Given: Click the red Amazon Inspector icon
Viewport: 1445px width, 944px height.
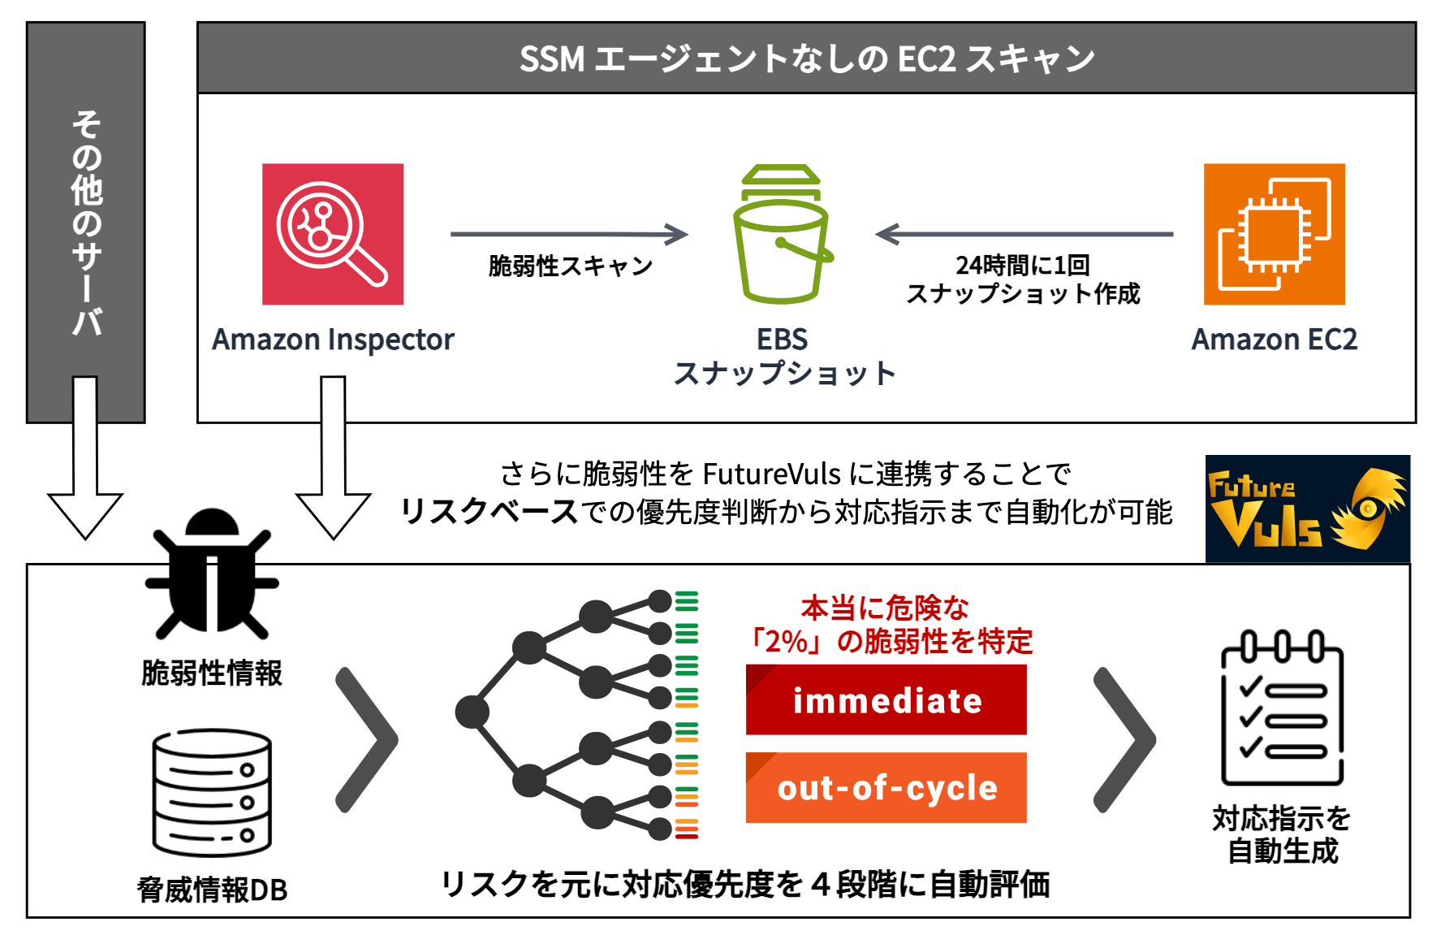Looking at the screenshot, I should [x=332, y=234].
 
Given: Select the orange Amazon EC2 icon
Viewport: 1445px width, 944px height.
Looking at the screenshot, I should [x=1274, y=234].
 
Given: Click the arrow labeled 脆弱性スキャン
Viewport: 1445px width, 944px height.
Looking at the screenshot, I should [x=569, y=234].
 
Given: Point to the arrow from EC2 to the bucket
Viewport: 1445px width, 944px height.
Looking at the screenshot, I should [x=1024, y=234].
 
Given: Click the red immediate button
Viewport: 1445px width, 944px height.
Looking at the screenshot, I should [x=886, y=699].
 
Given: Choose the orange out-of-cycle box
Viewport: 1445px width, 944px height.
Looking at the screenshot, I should [x=886, y=787].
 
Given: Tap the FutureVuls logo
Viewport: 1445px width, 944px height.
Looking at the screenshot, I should [x=1307, y=509].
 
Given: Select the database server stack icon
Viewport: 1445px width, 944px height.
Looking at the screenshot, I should [x=212, y=792].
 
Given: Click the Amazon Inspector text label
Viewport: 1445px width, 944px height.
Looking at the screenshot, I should [x=333, y=340].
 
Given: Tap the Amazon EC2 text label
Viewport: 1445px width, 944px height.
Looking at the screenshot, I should [x=1274, y=340].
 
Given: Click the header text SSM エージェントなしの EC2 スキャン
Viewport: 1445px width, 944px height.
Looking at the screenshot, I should [x=807, y=58].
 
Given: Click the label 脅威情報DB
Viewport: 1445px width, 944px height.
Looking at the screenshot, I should [x=212, y=890].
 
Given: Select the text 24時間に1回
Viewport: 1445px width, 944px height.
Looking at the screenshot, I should [x=1022, y=265].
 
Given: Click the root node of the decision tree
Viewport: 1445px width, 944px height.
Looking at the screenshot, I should [x=472, y=712].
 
